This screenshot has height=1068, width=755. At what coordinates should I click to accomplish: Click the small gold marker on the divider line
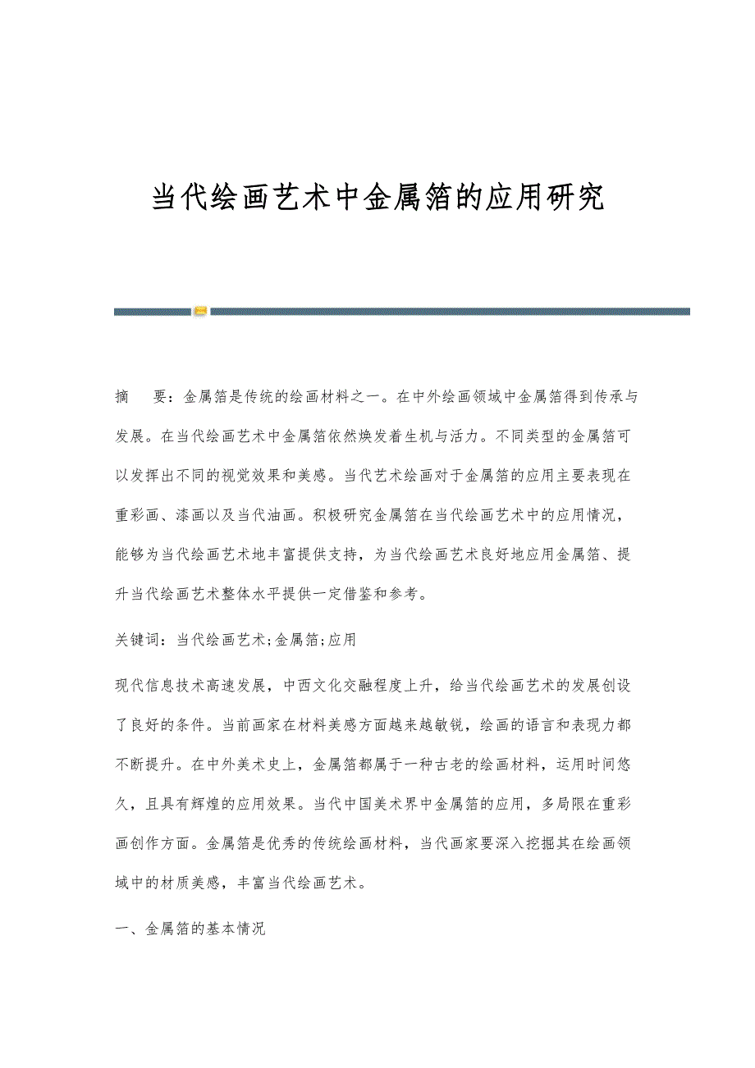(x=201, y=311)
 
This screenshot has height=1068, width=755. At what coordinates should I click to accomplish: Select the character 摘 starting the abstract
(x=123, y=398)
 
